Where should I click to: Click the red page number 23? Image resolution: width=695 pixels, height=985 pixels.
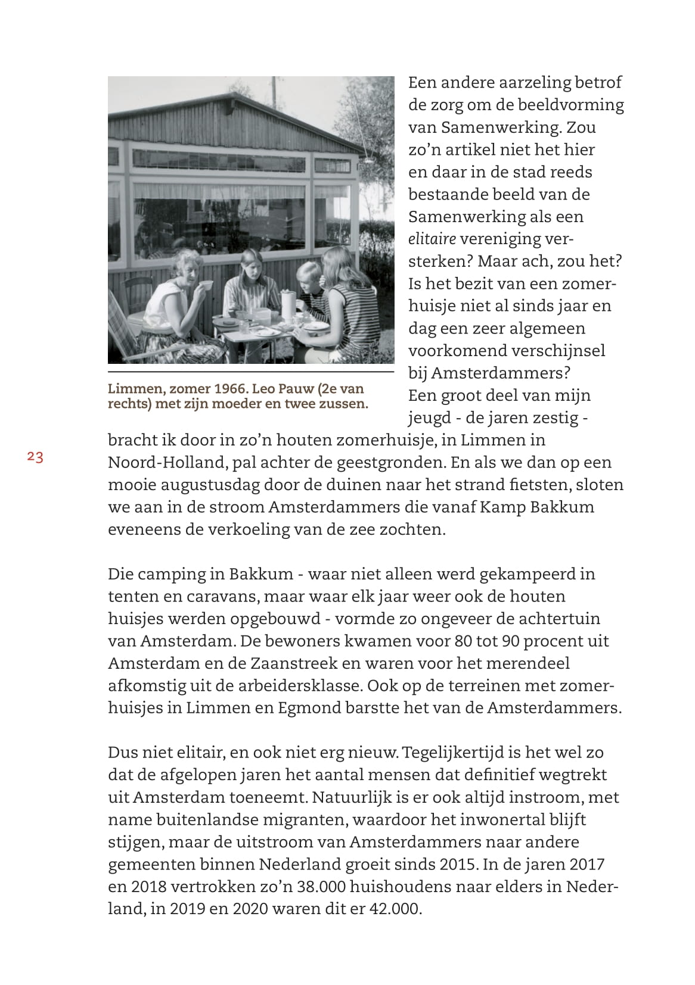(35, 457)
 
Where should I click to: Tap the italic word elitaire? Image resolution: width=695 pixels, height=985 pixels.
(432, 239)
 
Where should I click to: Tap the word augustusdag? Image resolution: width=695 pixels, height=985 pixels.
(206, 485)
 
